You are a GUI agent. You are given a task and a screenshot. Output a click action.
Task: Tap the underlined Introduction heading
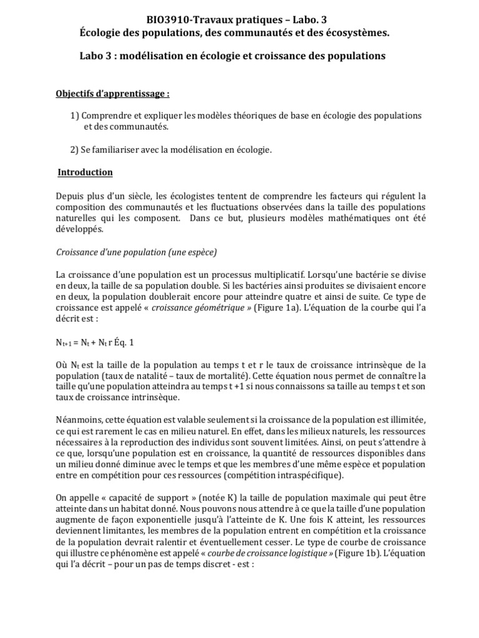(85, 172)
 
